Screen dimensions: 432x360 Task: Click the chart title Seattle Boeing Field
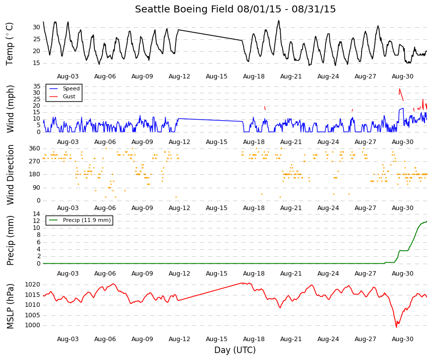pyautogui.click(x=184, y=9)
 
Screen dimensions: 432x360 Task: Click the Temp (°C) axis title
pyautogui.click(x=9, y=44)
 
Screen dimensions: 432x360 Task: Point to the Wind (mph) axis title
pyautogui.click(x=10, y=109)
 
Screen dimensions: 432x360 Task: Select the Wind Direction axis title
pyautogui.click(x=10, y=175)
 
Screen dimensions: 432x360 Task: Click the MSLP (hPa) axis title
pyautogui.click(x=10, y=306)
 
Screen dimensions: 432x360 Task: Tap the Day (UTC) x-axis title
pyautogui.click(x=235, y=350)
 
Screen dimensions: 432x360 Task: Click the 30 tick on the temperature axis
pyautogui.click(x=36, y=27)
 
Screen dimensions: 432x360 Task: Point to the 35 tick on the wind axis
pyautogui.click(x=37, y=86)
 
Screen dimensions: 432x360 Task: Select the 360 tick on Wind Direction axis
pyautogui.click(x=35, y=148)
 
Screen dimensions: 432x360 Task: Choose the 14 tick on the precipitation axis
pyautogui.click(x=37, y=214)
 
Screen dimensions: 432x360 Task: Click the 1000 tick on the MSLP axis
pyautogui.click(x=33, y=325)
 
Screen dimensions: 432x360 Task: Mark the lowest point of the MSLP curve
pyautogui.click(x=396, y=327)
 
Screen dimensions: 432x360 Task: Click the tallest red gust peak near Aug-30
pyautogui.click(x=400, y=88)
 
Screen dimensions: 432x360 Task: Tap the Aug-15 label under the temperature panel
pyautogui.click(x=217, y=76)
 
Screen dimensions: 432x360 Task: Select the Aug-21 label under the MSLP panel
pyautogui.click(x=291, y=339)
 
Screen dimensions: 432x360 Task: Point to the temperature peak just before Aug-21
pyautogui.click(x=279, y=20)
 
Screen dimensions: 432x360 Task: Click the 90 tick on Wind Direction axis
pyautogui.click(x=37, y=188)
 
